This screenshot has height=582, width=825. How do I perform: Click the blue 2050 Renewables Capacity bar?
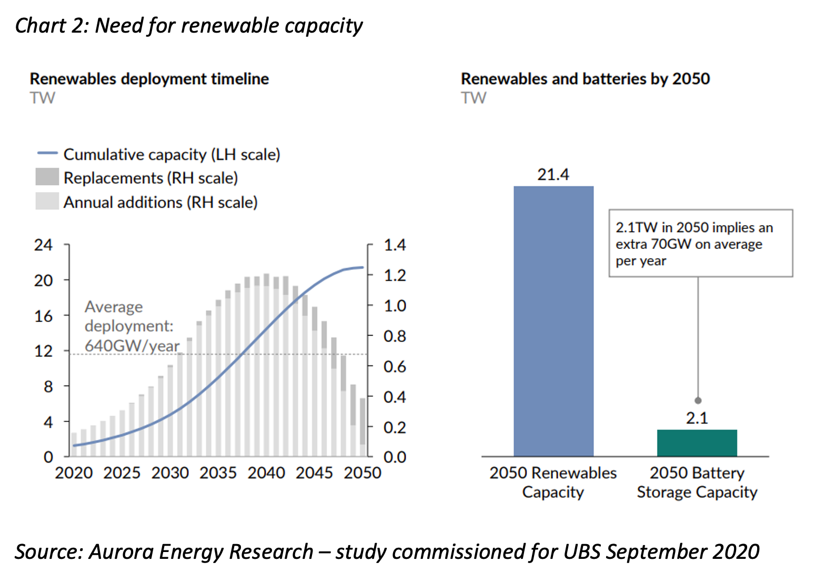pos(553,321)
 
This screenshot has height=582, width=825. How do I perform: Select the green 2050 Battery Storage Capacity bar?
pos(697,443)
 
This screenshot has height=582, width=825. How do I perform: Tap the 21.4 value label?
pos(553,174)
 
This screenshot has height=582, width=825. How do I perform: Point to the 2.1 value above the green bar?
pos(697,418)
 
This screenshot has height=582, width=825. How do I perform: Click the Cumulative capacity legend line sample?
pos(47,154)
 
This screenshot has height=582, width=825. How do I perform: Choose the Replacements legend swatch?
pos(47,177)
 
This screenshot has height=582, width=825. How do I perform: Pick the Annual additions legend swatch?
pos(47,202)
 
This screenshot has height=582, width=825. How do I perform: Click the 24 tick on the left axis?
pos(43,245)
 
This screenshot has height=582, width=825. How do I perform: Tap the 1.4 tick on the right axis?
pos(395,245)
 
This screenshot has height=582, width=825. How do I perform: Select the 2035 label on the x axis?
pos(218,473)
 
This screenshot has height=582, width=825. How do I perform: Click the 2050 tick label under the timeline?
pos(362,473)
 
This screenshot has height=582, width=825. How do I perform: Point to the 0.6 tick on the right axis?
pos(395,366)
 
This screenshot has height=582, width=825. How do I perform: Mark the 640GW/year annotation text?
pos(132,346)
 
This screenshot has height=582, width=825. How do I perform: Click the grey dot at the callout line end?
pos(698,400)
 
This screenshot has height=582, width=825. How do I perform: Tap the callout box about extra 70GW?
pos(700,244)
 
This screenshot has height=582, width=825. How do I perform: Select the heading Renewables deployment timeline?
pos(149,79)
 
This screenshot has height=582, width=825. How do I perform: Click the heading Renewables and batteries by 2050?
pos(585,79)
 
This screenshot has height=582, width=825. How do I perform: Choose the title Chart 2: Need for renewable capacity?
pos(188,25)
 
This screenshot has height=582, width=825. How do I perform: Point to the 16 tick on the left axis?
pos(43,316)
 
